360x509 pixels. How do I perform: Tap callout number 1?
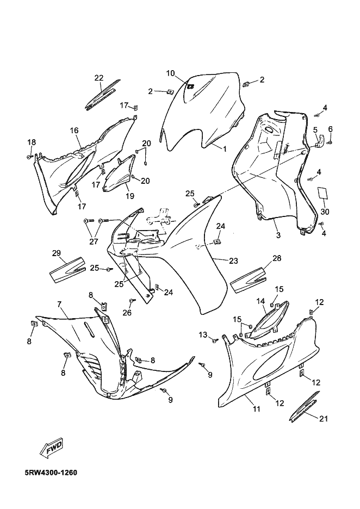click(225, 147)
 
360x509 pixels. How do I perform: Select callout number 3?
click(278, 235)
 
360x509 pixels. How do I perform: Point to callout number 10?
click(170, 73)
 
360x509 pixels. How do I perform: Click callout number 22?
click(98, 78)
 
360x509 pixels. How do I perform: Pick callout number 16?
click(75, 130)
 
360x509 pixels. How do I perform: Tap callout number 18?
click(32, 142)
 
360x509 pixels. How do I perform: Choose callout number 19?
click(130, 196)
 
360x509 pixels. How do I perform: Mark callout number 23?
click(233, 261)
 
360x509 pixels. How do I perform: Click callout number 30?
click(325, 212)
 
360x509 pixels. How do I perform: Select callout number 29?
click(56, 253)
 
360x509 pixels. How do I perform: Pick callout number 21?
click(324, 418)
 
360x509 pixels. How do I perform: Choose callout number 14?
click(260, 301)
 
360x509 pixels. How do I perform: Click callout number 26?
click(127, 312)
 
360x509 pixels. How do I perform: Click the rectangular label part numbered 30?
click(324, 194)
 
